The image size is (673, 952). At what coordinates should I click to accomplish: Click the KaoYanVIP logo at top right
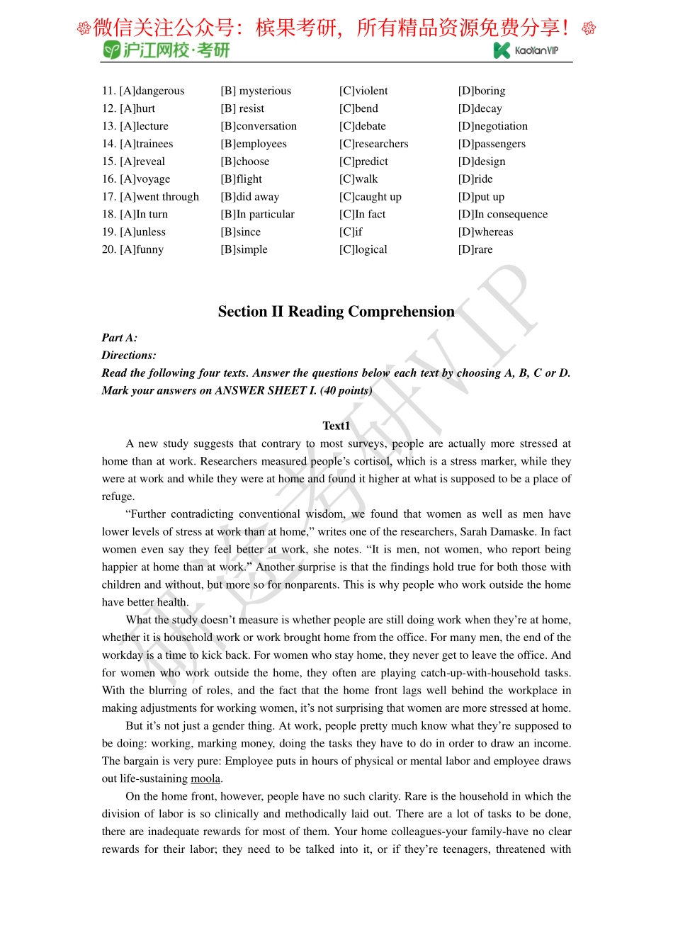pos(526,50)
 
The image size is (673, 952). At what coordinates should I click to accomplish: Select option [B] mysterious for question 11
pos(256,91)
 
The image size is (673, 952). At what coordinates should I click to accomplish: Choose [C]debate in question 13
pos(362,126)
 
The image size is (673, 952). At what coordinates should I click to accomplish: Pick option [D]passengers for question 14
pos(492,144)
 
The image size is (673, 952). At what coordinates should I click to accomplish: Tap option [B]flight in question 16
pos(241,179)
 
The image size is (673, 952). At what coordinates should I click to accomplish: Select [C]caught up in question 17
pos(370,197)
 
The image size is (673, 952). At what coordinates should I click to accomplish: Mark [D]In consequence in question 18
pos(502,215)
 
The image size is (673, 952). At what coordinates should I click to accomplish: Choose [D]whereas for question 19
pos(485,232)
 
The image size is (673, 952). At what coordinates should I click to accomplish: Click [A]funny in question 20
pos(141,249)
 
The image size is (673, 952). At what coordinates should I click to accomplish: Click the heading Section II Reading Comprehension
pos(336,312)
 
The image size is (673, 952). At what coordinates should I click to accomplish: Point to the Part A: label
pos(119,338)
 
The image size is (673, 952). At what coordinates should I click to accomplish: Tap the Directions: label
pos(128,356)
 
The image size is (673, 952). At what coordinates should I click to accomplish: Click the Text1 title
pos(336,426)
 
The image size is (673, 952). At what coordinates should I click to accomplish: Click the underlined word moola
pos(205,778)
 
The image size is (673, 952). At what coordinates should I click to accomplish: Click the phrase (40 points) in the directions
pos(346,390)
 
